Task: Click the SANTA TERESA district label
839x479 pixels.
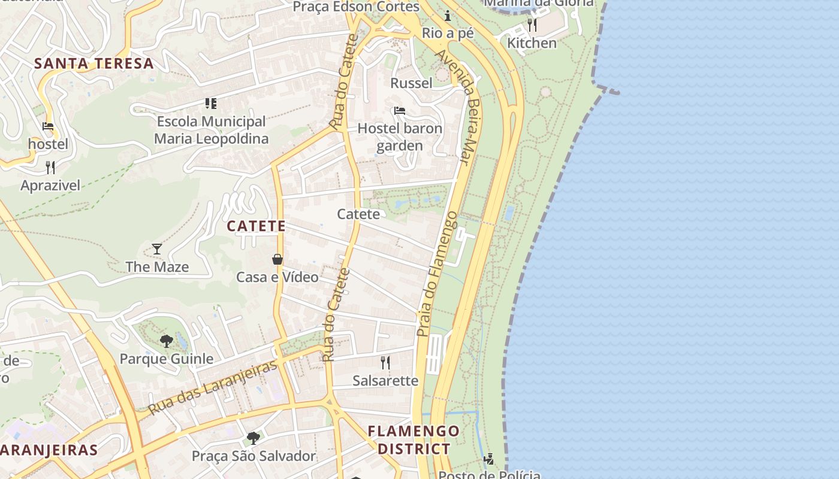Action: coord(94,63)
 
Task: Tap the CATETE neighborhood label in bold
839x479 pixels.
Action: coord(256,226)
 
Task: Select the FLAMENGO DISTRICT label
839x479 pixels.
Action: coord(414,439)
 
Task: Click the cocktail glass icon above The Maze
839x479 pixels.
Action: coord(157,248)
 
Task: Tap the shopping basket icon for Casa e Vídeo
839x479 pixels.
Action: coord(277,259)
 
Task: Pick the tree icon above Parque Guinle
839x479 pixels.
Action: coord(167,341)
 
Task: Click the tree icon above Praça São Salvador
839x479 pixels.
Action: coord(253,438)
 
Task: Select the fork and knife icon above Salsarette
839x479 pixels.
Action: coord(385,362)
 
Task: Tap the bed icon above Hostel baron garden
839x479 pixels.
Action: coord(400,111)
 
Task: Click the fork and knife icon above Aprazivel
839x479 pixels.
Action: coord(50,167)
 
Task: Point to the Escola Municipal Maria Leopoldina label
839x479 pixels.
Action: coord(211,130)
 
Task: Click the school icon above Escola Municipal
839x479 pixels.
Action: coord(210,104)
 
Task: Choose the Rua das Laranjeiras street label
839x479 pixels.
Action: coord(213,387)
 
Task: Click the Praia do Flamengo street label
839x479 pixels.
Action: coord(437,274)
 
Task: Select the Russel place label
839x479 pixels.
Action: coord(411,83)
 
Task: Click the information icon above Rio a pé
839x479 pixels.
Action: coord(448,16)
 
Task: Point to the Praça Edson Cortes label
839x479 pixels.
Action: coord(356,7)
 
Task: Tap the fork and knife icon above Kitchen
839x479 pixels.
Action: coord(532,25)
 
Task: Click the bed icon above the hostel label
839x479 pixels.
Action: coord(48,126)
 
